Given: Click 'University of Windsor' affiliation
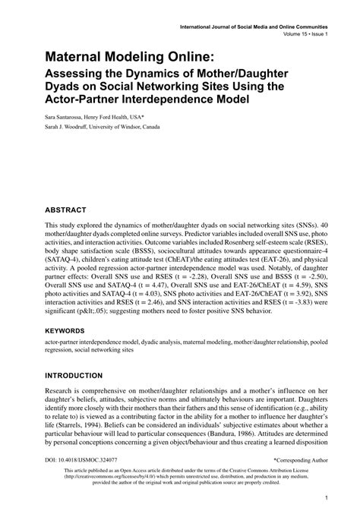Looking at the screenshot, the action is coord(126,128).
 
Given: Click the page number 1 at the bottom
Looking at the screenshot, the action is coord(324,499).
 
